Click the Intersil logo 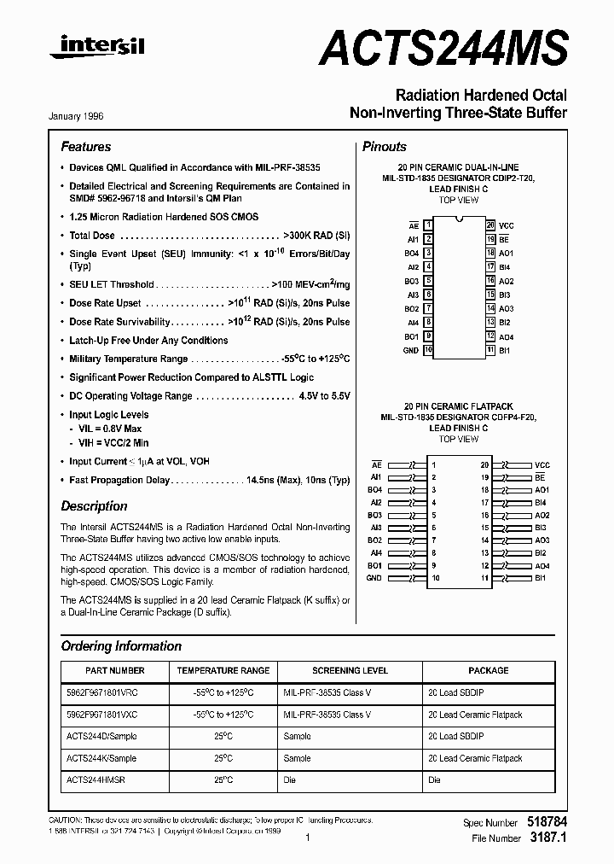(x=96, y=48)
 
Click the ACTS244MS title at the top (x=443, y=44)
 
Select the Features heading (x=86, y=147)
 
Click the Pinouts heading (x=385, y=147)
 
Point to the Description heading (x=94, y=506)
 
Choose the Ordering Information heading (x=121, y=646)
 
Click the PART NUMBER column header (x=115, y=671)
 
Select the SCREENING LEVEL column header (x=350, y=671)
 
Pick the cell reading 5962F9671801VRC (x=101, y=692)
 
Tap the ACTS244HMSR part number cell (x=96, y=779)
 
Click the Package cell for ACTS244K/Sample (x=475, y=758)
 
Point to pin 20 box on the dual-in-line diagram (x=490, y=225)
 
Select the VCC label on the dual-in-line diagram (x=507, y=225)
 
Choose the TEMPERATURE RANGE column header (x=223, y=671)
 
